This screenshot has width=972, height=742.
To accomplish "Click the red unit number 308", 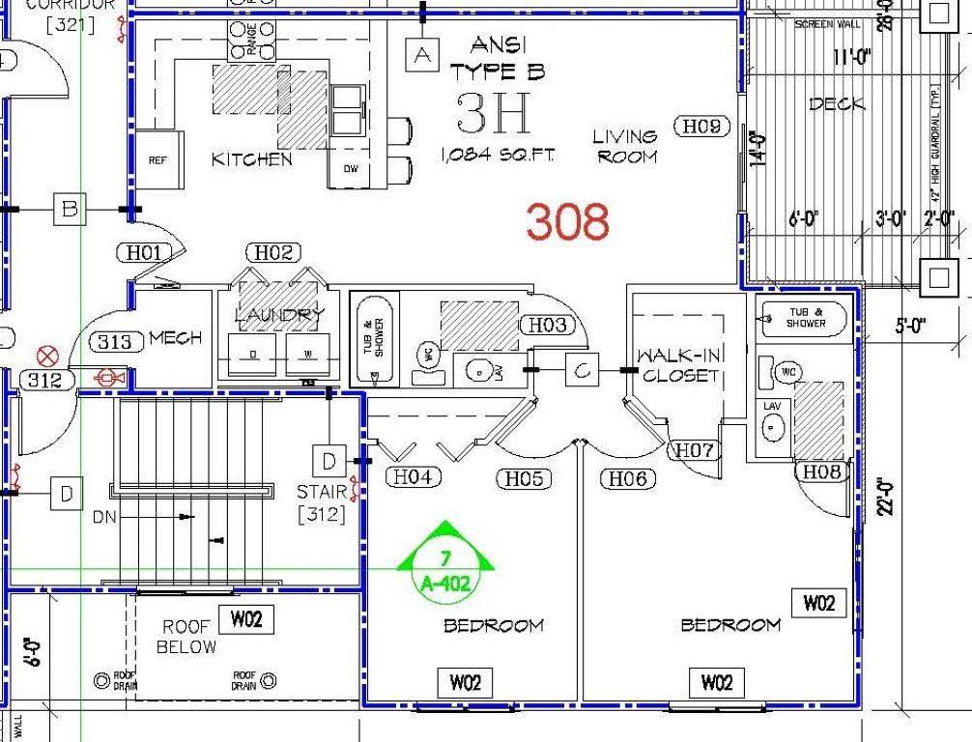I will click(568, 221).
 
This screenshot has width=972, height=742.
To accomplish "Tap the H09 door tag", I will click(702, 126).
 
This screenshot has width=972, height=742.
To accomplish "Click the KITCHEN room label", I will click(251, 159).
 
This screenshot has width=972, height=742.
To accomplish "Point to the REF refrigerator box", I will click(157, 160).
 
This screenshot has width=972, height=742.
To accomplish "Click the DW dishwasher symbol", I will click(350, 170).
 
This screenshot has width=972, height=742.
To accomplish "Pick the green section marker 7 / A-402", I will click(445, 560).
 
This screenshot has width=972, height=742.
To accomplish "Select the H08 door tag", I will click(822, 471).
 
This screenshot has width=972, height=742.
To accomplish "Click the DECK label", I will click(837, 103).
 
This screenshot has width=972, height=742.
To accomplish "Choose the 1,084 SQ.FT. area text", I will click(498, 155).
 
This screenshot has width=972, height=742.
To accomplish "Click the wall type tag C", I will click(582, 369).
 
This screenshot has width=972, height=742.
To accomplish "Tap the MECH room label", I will click(176, 338).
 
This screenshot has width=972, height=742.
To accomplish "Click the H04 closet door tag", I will click(413, 476).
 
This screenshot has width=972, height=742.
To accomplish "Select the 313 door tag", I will click(117, 341).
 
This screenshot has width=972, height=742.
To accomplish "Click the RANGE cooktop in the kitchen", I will click(251, 42).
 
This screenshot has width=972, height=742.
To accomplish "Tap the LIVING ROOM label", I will click(626, 146).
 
